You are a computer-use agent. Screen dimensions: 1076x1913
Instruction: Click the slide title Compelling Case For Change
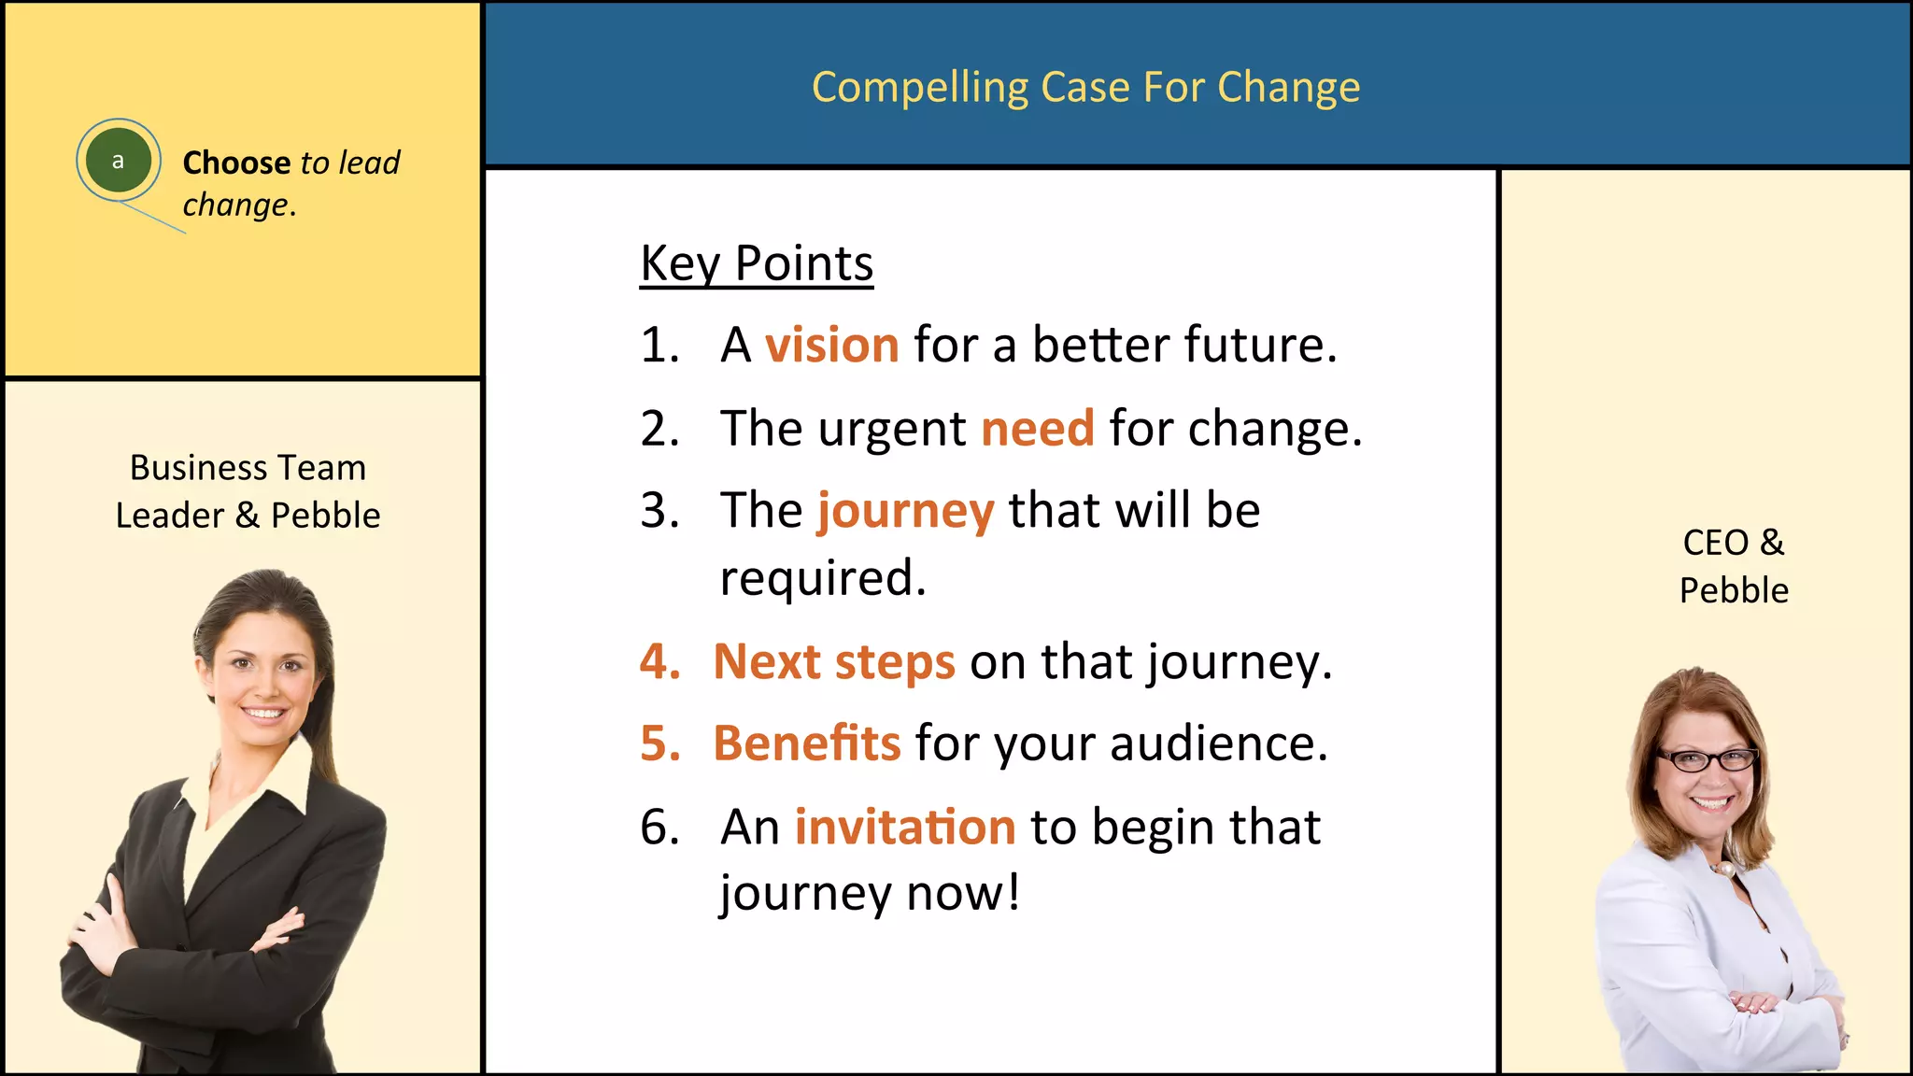(1085, 88)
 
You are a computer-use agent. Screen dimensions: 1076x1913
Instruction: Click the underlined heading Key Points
(757, 263)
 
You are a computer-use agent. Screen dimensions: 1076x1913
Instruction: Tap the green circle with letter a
(118, 161)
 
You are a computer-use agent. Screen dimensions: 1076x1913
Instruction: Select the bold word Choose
(236, 163)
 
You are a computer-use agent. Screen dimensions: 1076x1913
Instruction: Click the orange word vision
(831, 345)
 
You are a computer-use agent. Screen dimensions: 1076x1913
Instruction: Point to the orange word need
(1037, 429)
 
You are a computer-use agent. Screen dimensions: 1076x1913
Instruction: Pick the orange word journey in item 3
(905, 512)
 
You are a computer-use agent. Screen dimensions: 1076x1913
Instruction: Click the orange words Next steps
(834, 662)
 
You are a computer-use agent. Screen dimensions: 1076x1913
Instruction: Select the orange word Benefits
(807, 743)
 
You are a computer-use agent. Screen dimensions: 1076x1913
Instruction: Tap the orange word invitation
(904, 828)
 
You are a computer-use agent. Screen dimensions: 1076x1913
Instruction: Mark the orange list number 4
(659, 662)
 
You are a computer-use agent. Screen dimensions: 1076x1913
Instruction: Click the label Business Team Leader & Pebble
(248, 491)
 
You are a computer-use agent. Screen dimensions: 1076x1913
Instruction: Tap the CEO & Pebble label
(1733, 566)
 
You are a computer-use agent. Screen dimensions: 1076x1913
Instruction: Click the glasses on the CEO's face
(1706, 759)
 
